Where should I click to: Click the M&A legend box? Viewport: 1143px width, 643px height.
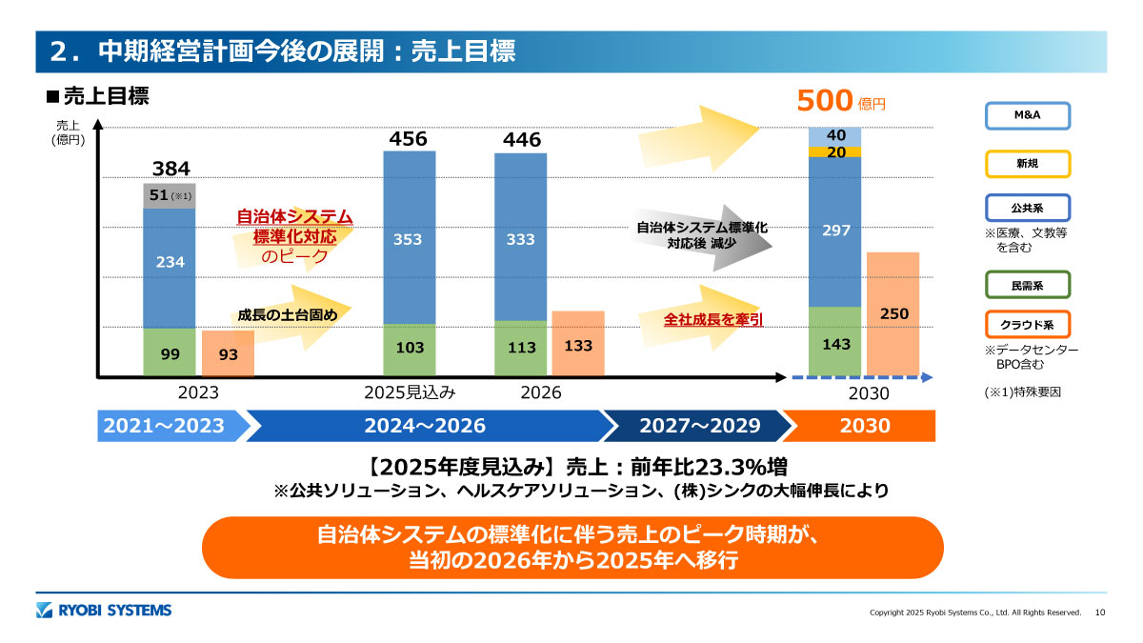pyautogui.click(x=1027, y=115)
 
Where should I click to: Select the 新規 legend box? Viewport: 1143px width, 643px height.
pyautogui.click(x=1027, y=163)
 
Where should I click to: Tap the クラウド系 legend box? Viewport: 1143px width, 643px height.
pyautogui.click(x=1027, y=325)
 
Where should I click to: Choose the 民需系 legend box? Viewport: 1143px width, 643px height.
pyautogui.click(x=1027, y=285)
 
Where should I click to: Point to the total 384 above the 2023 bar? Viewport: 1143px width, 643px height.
pyautogui.click(x=171, y=170)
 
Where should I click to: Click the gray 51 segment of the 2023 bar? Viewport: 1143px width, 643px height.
pyautogui.click(x=170, y=195)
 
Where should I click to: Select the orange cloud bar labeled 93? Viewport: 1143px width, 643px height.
pyautogui.click(x=228, y=353)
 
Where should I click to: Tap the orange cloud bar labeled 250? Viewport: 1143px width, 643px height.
pyautogui.click(x=893, y=313)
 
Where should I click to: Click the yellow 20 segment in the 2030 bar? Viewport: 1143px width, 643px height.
pyautogui.click(x=835, y=151)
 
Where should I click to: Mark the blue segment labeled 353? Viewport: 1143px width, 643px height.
pyautogui.click(x=410, y=238)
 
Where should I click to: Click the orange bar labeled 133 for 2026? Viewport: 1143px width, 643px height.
pyautogui.click(x=578, y=344)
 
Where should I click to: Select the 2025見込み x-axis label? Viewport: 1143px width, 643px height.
pyautogui.click(x=410, y=392)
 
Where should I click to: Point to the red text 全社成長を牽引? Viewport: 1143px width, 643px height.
pyautogui.click(x=713, y=320)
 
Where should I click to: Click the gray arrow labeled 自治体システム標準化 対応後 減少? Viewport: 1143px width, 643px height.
pyautogui.click(x=702, y=235)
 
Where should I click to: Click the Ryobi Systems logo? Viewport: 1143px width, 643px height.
pyautogui.click(x=104, y=610)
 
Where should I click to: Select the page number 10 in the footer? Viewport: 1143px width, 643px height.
pyautogui.click(x=1100, y=612)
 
